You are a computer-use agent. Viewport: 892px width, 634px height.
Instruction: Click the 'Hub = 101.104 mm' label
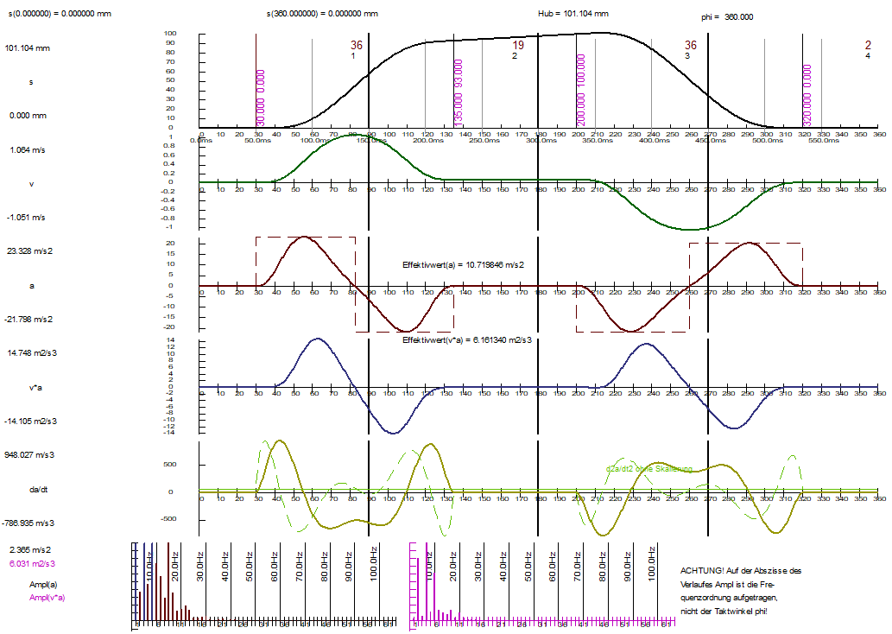click(573, 14)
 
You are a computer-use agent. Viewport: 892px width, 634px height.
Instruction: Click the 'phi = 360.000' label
click(727, 16)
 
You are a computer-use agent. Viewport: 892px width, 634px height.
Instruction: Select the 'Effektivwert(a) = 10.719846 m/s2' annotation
click(464, 264)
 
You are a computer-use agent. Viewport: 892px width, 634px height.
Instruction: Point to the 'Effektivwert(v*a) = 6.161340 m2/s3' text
click(467, 341)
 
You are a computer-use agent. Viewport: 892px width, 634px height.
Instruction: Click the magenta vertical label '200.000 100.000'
click(580, 91)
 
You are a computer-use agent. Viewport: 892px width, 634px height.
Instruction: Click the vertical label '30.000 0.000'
click(260, 99)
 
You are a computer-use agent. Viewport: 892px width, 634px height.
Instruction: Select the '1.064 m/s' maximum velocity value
click(27, 150)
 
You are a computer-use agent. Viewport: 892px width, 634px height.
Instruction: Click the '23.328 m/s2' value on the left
click(30, 250)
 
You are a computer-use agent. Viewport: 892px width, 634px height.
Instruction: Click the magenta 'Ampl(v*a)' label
click(47, 598)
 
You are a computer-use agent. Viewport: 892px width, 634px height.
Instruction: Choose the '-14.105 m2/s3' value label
click(33, 422)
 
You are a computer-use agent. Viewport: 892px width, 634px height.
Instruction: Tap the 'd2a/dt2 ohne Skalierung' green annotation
click(649, 469)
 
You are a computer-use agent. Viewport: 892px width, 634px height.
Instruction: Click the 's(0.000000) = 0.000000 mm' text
click(57, 14)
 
